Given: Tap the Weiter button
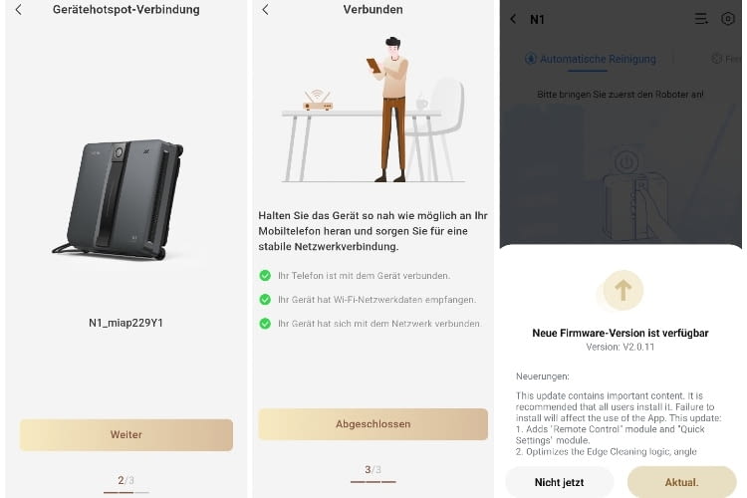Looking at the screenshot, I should click(126, 434).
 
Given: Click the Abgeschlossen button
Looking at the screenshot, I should click(373, 424).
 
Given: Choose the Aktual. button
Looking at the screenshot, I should click(682, 482).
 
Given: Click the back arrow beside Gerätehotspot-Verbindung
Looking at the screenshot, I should click(18, 10).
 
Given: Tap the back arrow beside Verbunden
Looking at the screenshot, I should click(265, 10).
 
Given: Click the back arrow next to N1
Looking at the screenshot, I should click(513, 19).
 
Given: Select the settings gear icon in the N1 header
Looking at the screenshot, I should click(728, 19).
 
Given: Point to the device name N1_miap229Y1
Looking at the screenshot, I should click(126, 323).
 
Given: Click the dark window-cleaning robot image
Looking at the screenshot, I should click(120, 199).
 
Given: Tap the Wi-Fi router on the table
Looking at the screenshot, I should click(318, 101).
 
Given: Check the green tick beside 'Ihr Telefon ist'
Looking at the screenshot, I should click(265, 275).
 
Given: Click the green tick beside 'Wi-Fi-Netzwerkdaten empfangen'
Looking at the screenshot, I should click(265, 299).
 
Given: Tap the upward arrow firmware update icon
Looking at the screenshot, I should click(623, 290).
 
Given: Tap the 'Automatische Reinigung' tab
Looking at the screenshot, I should click(591, 59).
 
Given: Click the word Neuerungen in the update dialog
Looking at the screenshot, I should click(542, 376).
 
